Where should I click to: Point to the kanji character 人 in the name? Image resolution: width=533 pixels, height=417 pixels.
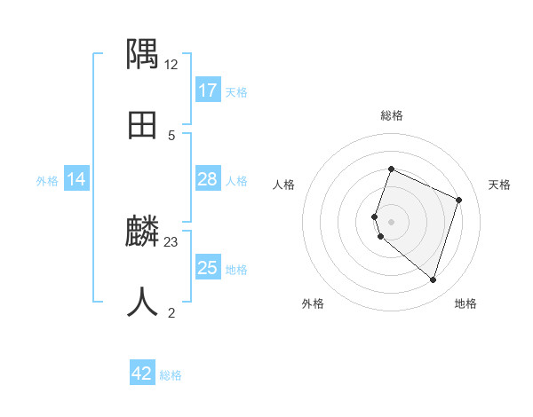click(x=143, y=302)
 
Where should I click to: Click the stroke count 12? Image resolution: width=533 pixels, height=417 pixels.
click(x=171, y=65)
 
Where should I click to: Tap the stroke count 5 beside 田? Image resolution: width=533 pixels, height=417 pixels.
click(x=171, y=136)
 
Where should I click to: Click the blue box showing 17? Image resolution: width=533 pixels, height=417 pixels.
click(x=207, y=90)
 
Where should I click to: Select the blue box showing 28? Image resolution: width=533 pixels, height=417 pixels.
click(x=207, y=179)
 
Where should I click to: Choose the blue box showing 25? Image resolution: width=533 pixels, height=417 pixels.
click(x=207, y=268)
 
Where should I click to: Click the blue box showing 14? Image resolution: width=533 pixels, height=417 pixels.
click(x=76, y=179)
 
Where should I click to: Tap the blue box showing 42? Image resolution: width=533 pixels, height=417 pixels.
click(x=142, y=374)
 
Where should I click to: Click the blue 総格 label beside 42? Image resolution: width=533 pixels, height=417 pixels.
click(x=171, y=375)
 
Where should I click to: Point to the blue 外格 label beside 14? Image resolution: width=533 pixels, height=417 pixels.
click(x=47, y=181)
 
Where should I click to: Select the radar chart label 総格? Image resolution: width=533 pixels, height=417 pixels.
click(x=392, y=115)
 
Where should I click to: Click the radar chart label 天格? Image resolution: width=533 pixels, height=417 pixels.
click(x=500, y=185)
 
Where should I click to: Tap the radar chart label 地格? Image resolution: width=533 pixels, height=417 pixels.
click(x=465, y=303)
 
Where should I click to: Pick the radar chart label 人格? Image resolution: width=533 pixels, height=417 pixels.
click(x=283, y=185)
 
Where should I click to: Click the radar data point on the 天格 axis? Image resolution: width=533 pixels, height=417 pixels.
click(x=459, y=200)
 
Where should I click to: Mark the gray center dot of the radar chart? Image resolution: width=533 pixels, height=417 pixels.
click(x=392, y=222)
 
